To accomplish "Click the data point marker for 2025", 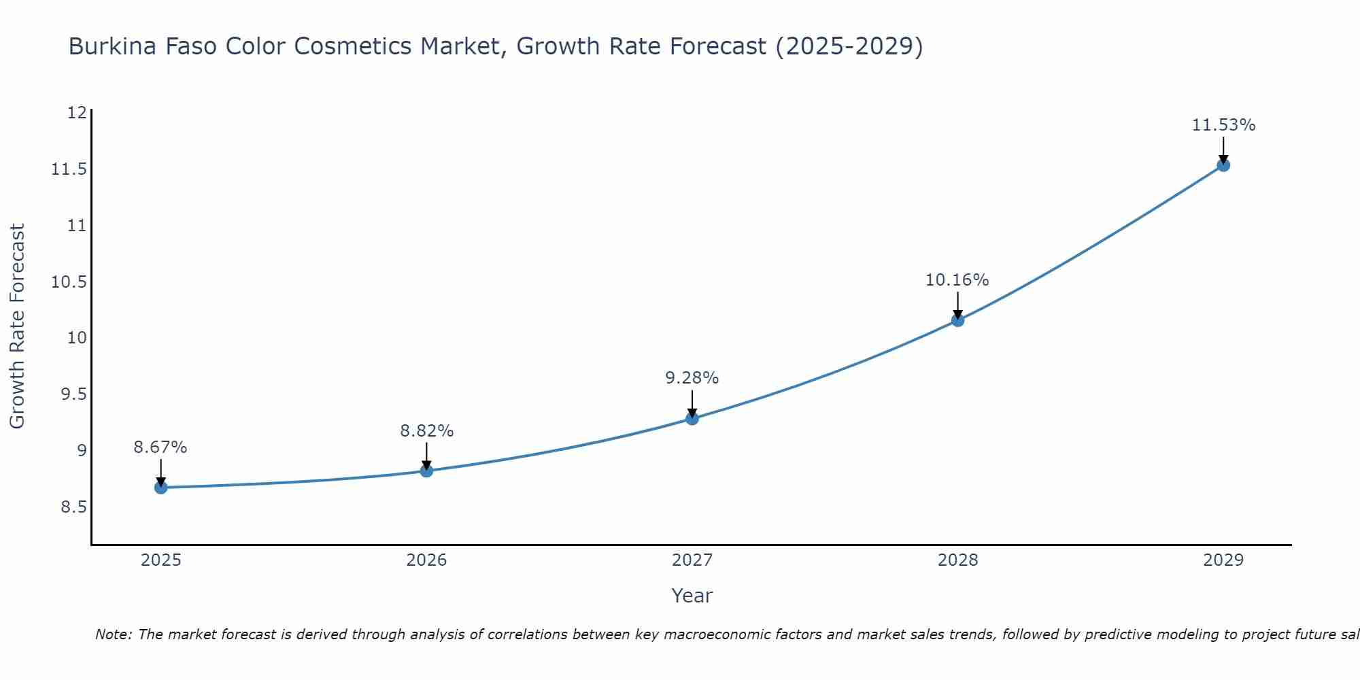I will tap(161, 488).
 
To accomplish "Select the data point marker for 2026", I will tap(426, 471).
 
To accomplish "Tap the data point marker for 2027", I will tap(692, 418).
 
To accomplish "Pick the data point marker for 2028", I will tap(957, 320).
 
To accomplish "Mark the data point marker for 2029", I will tap(1223, 165).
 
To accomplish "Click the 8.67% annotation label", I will tap(160, 447).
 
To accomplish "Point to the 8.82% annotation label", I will tap(426, 430).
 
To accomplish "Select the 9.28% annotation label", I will tap(692, 378).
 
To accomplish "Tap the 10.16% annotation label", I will tap(957, 280).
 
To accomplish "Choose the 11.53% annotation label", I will tap(1223, 125).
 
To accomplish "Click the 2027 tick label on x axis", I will tap(692, 560).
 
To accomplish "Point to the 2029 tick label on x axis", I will tap(1223, 560).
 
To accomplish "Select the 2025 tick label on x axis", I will tap(161, 560).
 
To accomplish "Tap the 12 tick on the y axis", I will tap(77, 113).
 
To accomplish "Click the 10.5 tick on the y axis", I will tap(69, 282).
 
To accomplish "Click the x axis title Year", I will tap(692, 596).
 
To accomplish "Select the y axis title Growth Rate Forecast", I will tap(17, 326).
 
